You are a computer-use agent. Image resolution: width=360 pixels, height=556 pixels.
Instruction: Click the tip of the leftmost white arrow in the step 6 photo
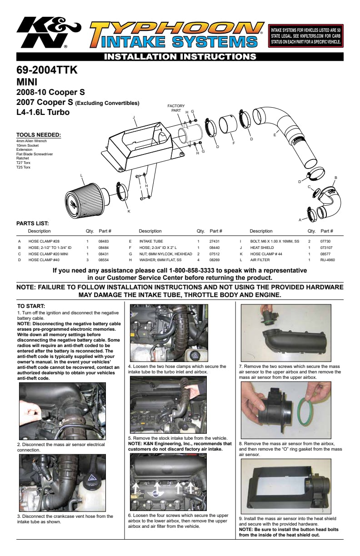click(136, 483)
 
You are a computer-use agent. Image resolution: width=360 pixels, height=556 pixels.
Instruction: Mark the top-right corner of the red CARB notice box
click(343, 25)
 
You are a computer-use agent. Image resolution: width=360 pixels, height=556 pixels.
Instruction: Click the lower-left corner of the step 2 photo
click(20, 440)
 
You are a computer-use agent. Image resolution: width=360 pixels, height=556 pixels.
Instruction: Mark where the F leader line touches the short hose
click(230, 134)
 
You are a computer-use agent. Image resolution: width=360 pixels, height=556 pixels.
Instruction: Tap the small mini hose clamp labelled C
click(316, 193)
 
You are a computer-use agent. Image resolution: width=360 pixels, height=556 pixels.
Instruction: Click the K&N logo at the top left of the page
click(49, 32)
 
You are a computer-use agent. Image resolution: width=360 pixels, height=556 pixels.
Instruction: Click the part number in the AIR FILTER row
click(327, 260)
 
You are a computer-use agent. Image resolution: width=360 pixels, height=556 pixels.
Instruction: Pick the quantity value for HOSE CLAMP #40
click(87, 260)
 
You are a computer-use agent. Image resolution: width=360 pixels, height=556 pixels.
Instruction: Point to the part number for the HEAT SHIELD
click(326, 248)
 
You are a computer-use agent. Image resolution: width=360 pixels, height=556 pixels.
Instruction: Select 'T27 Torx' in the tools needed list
click(23, 163)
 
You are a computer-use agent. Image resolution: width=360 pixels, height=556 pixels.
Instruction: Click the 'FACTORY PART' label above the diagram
click(176, 108)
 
